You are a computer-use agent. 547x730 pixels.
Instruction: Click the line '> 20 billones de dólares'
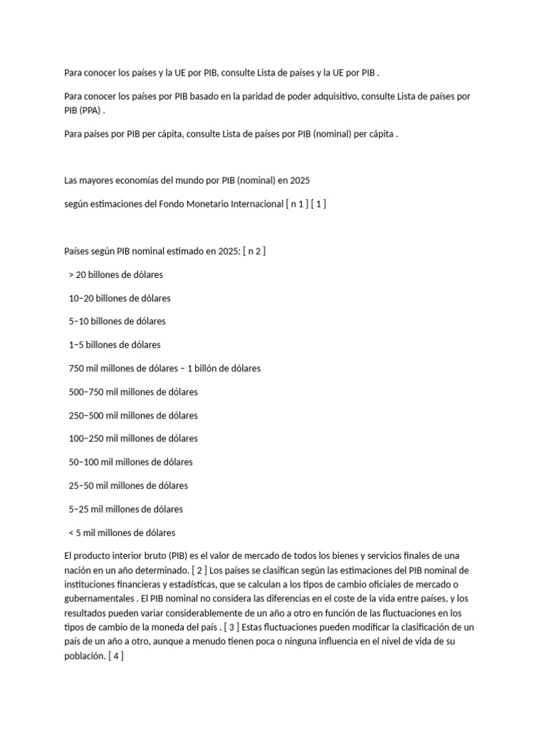click(116, 274)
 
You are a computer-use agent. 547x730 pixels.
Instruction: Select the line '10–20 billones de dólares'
click(120, 298)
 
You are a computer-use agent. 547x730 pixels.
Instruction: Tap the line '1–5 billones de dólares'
click(115, 345)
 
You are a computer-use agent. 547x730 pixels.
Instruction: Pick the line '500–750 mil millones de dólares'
click(133, 392)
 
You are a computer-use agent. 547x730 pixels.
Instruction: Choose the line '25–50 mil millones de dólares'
click(128, 485)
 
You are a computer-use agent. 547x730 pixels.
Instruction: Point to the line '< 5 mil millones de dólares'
click(122, 533)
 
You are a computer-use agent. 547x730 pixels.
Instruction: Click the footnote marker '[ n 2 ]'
click(254, 251)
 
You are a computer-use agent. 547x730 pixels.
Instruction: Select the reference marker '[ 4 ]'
click(116, 657)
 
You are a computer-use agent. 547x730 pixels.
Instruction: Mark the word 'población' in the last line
click(84, 657)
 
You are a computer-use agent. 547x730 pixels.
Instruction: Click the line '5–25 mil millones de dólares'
click(126, 509)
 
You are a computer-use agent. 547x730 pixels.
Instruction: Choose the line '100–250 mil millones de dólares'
click(133, 438)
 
